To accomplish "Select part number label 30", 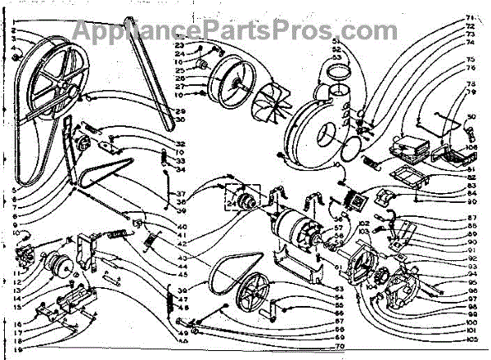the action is (x=181, y=120).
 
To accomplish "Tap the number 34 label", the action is (x=181, y=171).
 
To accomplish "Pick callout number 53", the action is (x=336, y=56).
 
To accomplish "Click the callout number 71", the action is (x=471, y=18).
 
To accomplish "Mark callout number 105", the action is (x=469, y=339).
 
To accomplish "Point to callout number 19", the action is (x=16, y=350).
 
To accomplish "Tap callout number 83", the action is (x=472, y=186).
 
